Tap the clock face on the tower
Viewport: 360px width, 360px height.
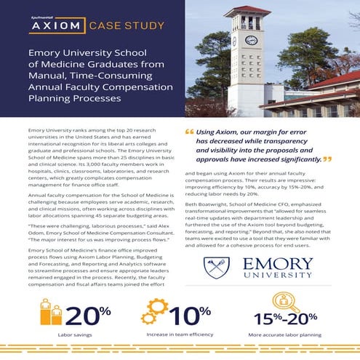pos(251,40)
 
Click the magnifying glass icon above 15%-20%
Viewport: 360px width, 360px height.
pos(281,300)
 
